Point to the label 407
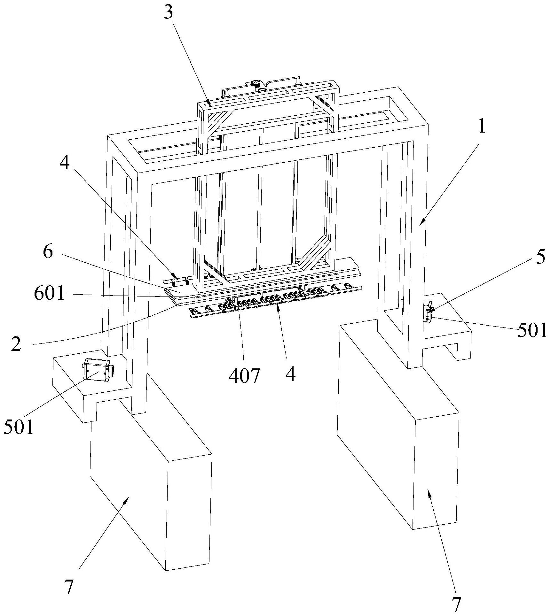[244, 376]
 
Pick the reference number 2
[16, 343]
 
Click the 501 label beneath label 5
[532, 331]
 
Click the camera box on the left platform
[98, 369]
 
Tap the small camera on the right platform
[428, 313]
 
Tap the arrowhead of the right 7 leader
[429, 493]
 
